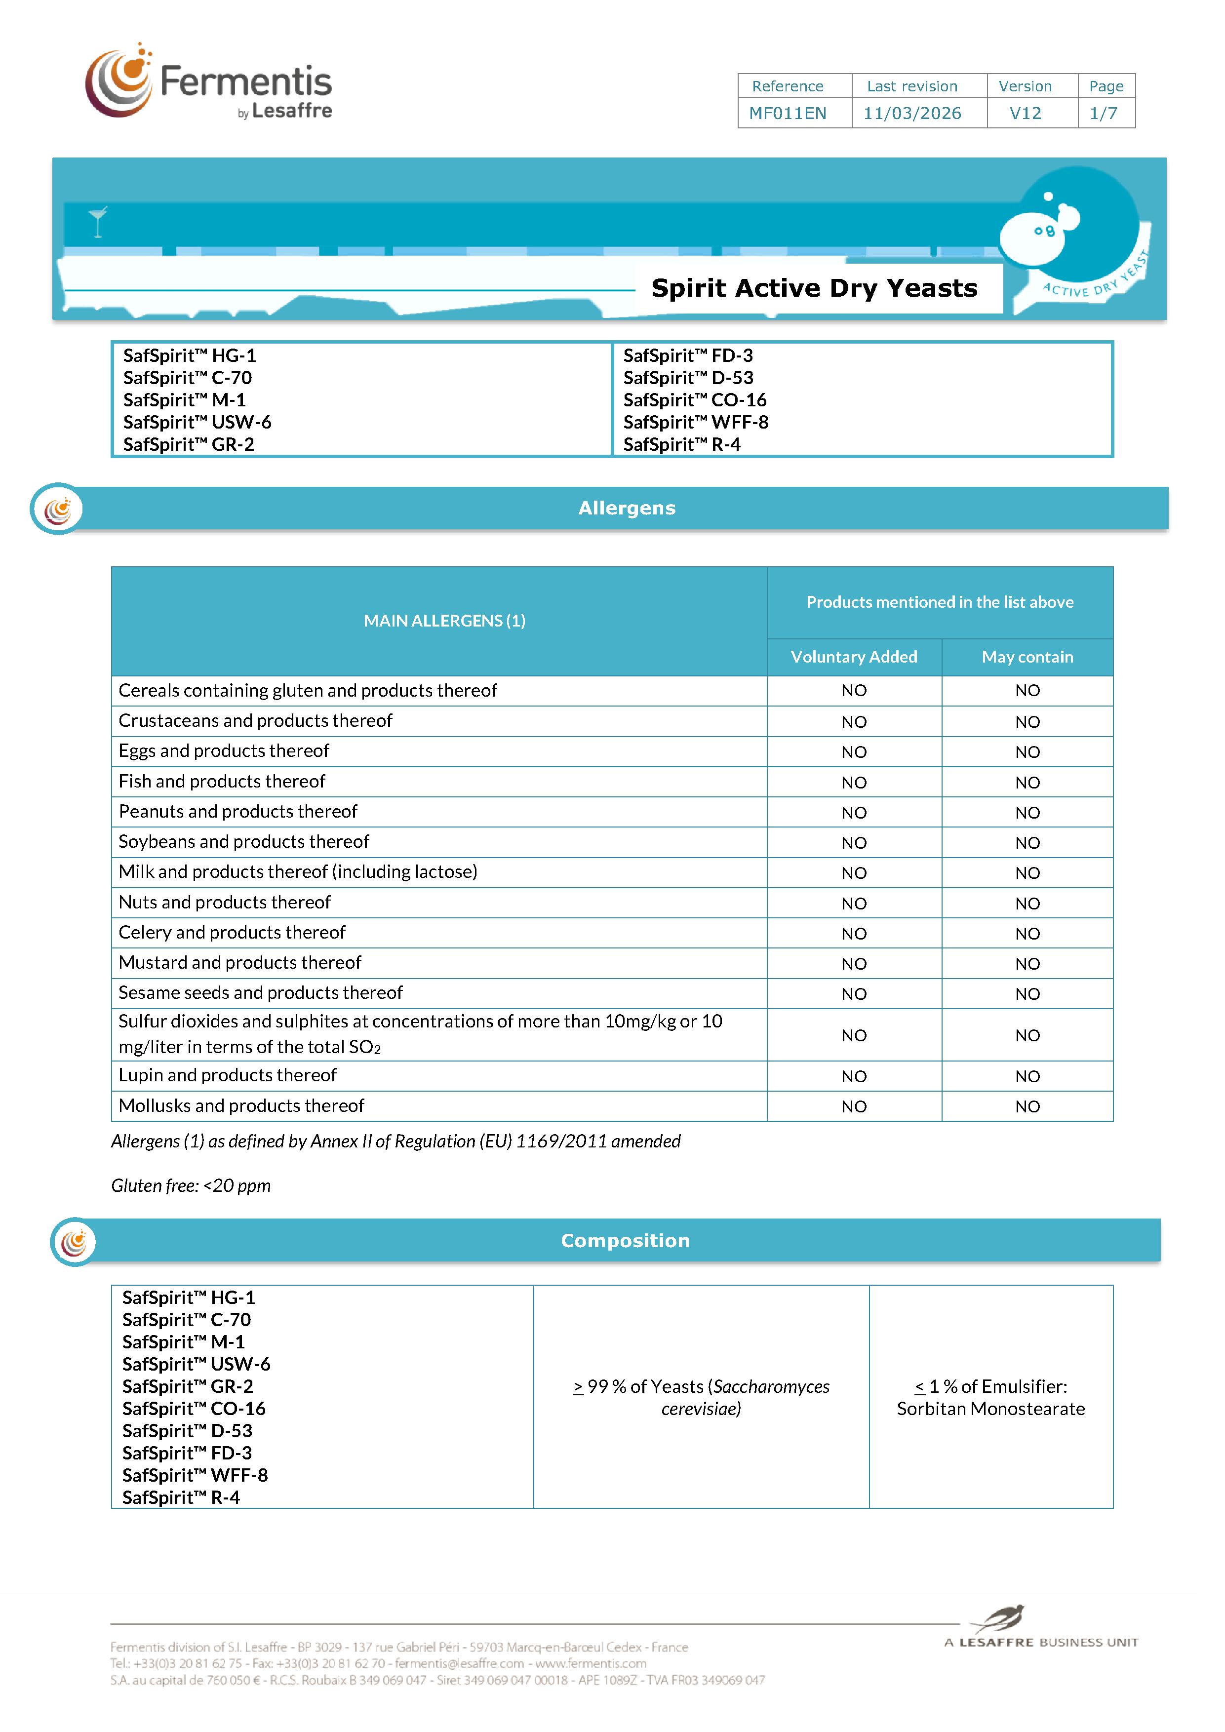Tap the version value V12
[x=1025, y=113]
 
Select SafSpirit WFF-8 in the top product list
[x=696, y=423]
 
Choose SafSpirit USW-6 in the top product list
[x=197, y=423]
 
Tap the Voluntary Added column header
[x=853, y=657]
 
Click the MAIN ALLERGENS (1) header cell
[x=444, y=621]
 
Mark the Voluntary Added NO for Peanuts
[x=854, y=813]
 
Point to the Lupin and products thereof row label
[x=227, y=1075]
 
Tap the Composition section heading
[x=625, y=1241]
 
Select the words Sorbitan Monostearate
[x=990, y=1409]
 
